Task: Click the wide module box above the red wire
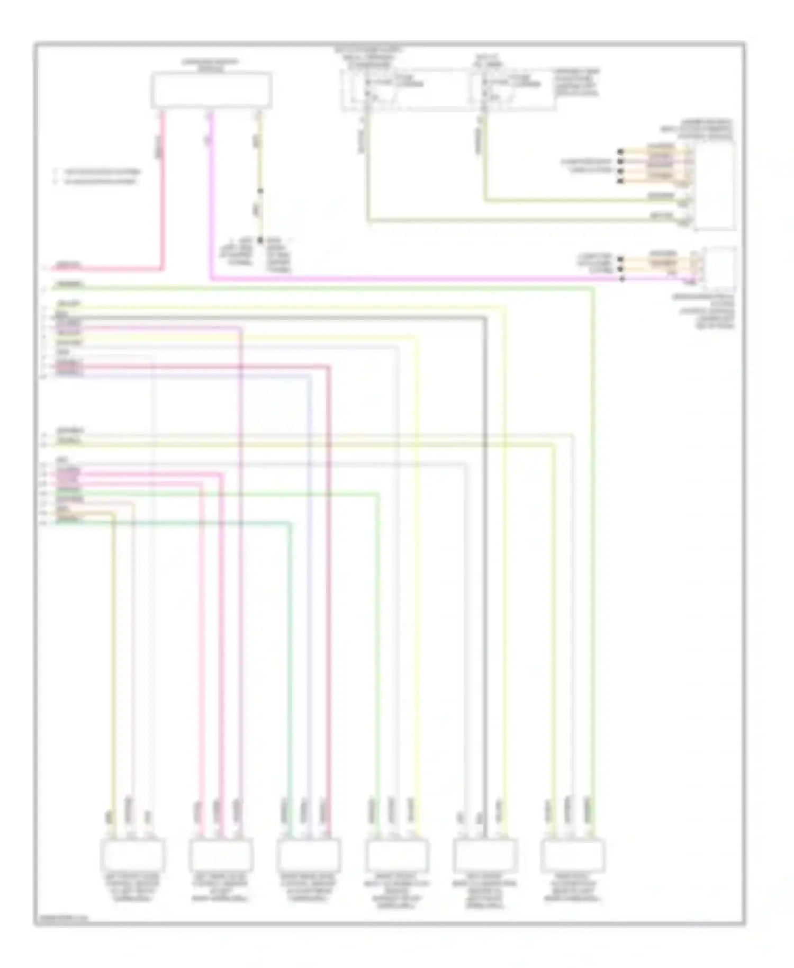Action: point(211,91)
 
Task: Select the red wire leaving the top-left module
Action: point(163,191)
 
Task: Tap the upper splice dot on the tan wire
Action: point(260,191)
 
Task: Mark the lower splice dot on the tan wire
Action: point(260,240)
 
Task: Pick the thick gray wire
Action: point(485,530)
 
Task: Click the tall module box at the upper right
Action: point(714,185)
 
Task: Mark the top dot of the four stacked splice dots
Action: point(620,152)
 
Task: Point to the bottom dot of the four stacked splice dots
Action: point(620,182)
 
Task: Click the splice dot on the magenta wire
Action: point(622,279)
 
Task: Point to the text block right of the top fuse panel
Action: point(576,82)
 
